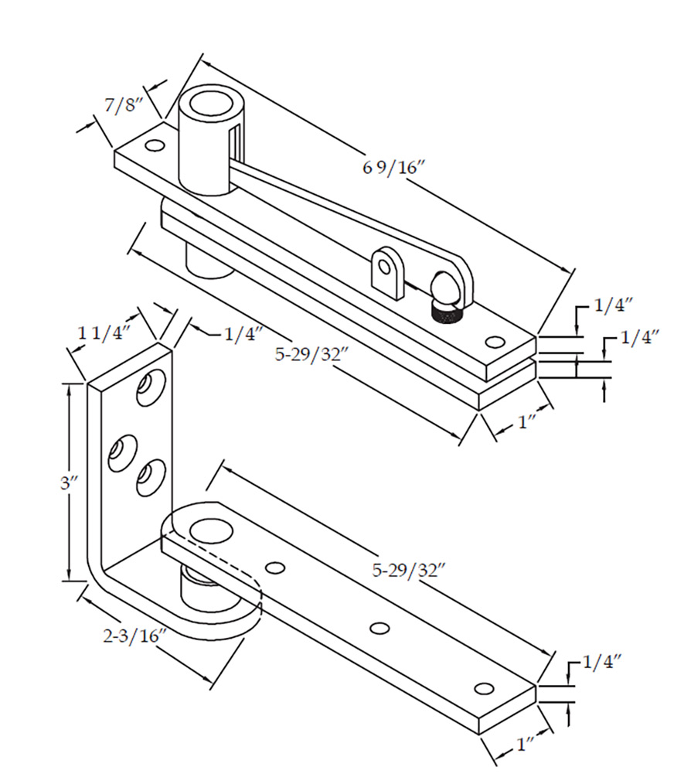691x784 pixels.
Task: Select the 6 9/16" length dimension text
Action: pos(394,168)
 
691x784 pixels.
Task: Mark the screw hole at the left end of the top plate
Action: pos(155,145)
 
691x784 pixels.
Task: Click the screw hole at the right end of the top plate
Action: pos(494,341)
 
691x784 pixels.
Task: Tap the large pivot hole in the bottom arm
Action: pos(210,530)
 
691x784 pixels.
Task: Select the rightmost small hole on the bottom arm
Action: pos(484,688)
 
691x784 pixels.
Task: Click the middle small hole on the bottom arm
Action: pos(379,628)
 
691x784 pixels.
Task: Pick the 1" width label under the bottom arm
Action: pos(526,745)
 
